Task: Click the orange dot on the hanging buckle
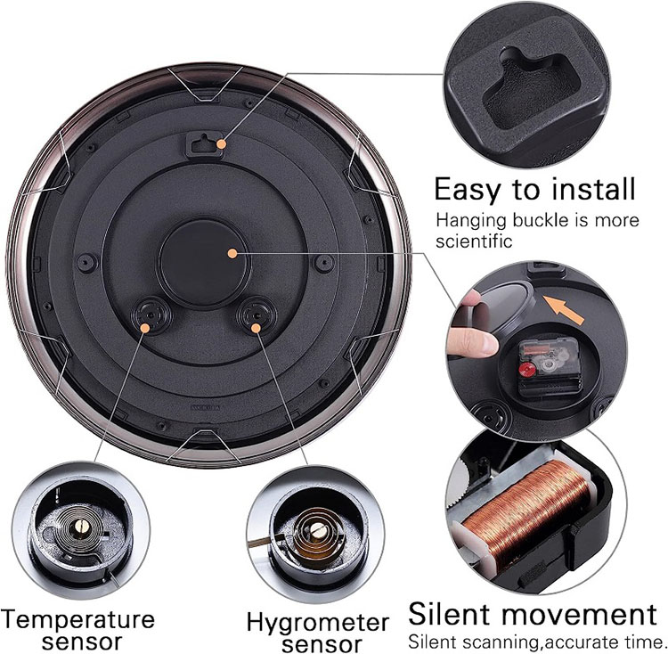(221, 144)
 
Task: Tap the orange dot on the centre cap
(232, 254)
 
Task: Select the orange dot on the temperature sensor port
(145, 328)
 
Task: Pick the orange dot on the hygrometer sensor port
(256, 328)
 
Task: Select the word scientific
(474, 241)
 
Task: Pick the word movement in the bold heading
(579, 615)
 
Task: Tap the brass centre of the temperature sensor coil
(81, 527)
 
